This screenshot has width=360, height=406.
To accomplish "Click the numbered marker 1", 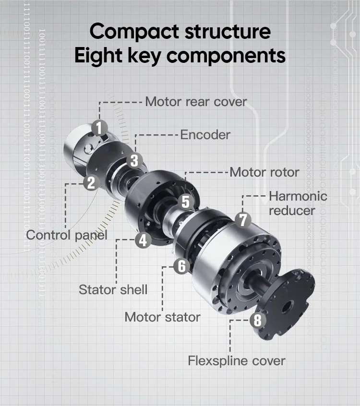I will click(x=99, y=128).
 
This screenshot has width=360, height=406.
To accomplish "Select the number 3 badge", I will click(x=135, y=160).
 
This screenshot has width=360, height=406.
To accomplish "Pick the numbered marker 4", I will click(x=143, y=239).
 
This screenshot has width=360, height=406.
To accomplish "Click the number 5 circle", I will click(x=185, y=202).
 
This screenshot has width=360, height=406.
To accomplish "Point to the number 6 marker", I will click(x=181, y=266).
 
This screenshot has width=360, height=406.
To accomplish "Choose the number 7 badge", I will click(x=243, y=220).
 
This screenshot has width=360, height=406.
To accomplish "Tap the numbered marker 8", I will click(x=258, y=320).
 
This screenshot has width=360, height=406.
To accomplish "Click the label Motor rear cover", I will click(x=196, y=102).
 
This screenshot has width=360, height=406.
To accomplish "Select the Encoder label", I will click(x=205, y=135).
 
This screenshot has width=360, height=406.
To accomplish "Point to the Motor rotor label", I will click(x=264, y=172).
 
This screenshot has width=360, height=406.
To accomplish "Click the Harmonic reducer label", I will click(x=298, y=203).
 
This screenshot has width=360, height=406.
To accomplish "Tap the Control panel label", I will click(x=66, y=235).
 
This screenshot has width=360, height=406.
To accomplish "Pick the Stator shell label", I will click(x=113, y=290).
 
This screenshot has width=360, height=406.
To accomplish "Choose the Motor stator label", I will click(x=162, y=317).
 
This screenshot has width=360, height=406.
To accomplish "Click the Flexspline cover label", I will click(x=237, y=360).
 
